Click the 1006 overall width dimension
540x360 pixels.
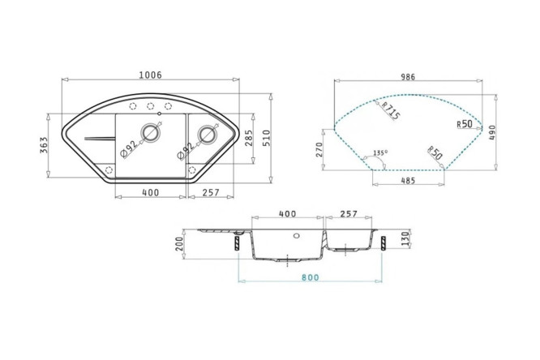pyautogui.click(x=150, y=75)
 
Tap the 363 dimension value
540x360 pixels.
pyautogui.click(x=44, y=145)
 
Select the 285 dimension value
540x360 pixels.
pyautogui.click(x=248, y=138)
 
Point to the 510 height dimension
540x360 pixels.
pyautogui.click(x=267, y=138)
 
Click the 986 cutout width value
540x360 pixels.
pyautogui.click(x=408, y=77)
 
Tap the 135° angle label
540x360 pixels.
pyautogui.click(x=380, y=152)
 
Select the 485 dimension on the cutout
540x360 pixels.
pyautogui.click(x=408, y=181)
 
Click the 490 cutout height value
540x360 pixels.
pyautogui.click(x=492, y=133)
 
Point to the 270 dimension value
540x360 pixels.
pyautogui.click(x=319, y=150)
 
